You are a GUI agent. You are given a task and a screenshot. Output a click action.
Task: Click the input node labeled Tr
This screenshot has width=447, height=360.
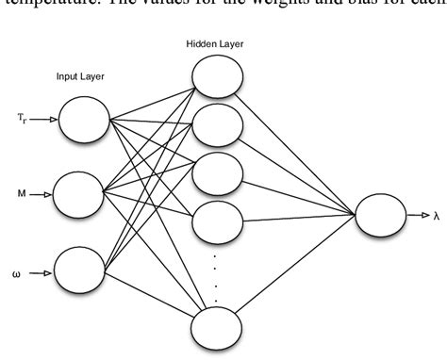(84, 121)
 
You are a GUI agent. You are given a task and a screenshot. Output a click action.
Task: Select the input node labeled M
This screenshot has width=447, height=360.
(79, 195)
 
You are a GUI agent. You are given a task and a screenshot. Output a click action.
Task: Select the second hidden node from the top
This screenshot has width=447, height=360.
(218, 123)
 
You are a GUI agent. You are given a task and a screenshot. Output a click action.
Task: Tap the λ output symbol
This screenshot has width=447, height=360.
(436, 216)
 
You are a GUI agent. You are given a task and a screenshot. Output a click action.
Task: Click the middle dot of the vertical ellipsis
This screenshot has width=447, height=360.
(218, 279)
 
